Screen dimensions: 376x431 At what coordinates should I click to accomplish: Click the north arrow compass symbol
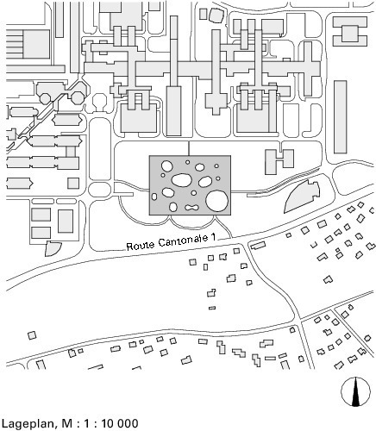tap(355, 391)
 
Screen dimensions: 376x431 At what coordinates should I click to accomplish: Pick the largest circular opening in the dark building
tap(217, 201)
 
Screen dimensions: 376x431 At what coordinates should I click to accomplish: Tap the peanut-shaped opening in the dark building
tap(191, 207)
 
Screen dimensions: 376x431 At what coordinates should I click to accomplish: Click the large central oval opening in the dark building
tap(182, 180)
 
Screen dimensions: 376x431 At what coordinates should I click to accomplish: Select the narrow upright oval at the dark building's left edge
tap(154, 197)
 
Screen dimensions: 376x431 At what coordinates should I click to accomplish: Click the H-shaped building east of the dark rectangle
tap(279, 161)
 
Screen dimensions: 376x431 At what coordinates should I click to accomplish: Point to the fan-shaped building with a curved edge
tap(302, 197)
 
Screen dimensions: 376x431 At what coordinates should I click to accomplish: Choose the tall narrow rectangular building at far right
tap(341, 117)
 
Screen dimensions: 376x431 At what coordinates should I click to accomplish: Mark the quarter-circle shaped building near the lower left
tap(53, 249)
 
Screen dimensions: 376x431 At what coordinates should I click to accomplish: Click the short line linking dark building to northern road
tap(189, 148)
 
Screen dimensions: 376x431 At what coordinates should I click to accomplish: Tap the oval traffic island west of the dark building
tap(99, 190)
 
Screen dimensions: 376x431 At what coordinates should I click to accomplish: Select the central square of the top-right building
tap(350, 34)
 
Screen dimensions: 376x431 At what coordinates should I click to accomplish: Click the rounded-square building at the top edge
tap(216, 16)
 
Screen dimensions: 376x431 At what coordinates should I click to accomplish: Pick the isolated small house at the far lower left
tap(32, 335)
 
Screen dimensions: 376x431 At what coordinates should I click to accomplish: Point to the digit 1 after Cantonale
tap(213, 238)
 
